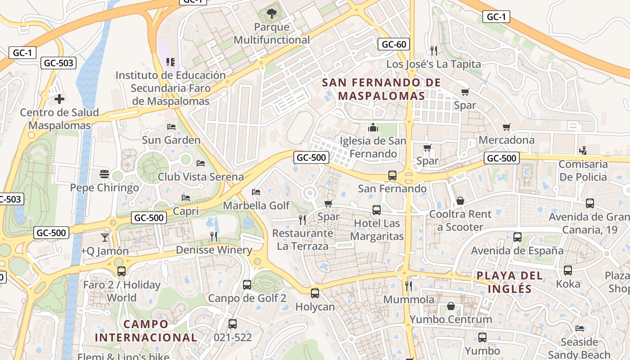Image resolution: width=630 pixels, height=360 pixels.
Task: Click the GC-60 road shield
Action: click(394, 44)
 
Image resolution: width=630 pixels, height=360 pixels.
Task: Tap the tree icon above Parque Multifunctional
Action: click(272, 14)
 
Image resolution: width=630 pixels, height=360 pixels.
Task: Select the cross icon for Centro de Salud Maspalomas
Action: click(59, 99)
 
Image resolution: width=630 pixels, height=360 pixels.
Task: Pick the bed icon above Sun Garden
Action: click(171, 127)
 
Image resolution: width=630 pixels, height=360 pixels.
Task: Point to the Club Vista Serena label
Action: click(201, 177)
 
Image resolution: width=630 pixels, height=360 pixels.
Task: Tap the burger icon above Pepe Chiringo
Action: click(104, 174)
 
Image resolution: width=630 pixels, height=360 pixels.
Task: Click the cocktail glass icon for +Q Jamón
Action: click(105, 237)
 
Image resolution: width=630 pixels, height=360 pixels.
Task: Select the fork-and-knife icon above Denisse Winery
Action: click(214, 236)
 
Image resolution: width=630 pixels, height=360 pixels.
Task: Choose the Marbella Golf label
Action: click(256, 206)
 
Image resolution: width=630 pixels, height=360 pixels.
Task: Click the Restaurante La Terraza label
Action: click(303, 239)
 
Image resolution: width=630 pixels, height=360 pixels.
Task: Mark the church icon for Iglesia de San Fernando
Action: click(373, 128)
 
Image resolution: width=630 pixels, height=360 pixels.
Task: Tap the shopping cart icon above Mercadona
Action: click(506, 127)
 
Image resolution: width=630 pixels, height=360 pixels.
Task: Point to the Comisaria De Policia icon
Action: click(583, 150)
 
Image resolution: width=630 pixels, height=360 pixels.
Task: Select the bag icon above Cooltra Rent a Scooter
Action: click(460, 201)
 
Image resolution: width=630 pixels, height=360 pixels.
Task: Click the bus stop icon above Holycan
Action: click(315, 293)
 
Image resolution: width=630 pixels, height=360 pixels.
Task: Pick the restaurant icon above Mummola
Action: click(409, 286)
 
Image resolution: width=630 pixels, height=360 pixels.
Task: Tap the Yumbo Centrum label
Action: click(450, 319)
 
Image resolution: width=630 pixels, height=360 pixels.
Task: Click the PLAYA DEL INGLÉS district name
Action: click(510, 282)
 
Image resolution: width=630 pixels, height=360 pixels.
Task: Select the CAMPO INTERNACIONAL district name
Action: click(146, 331)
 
